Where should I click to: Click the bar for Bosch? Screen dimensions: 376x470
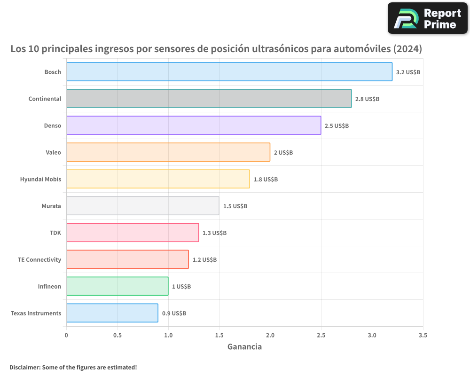tap(229, 72)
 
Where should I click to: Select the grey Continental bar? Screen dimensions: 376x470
tap(209, 99)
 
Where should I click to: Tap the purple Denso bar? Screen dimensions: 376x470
tap(193, 125)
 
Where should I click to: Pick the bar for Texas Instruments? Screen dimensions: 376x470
tap(112, 313)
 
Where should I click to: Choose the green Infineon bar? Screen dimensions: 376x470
tap(117, 286)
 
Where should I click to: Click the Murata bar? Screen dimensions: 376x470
tap(142, 206)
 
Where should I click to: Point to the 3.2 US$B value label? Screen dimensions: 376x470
tap(408, 72)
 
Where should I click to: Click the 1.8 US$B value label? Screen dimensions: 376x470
tap(266, 180)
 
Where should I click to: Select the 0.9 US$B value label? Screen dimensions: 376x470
tap(174, 313)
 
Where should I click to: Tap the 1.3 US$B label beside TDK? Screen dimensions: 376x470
tap(214, 233)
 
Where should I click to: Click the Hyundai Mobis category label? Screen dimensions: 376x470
tap(40, 179)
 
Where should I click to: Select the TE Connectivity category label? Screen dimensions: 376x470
tap(39, 259)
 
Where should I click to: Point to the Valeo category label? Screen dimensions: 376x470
tap(53, 152)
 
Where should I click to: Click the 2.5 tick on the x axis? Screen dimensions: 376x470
tap(321, 336)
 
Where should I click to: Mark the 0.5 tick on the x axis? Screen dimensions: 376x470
tap(117, 336)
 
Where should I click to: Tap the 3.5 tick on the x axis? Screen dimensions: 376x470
tap(423, 336)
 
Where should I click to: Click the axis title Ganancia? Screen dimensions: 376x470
tap(244, 347)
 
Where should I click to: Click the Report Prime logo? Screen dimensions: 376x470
tap(427, 18)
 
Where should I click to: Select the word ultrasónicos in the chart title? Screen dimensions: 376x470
tap(278, 49)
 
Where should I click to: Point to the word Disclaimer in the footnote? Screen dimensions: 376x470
tap(24, 367)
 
